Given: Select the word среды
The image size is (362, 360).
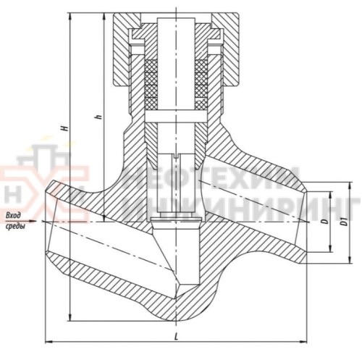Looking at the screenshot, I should pos(14,227).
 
